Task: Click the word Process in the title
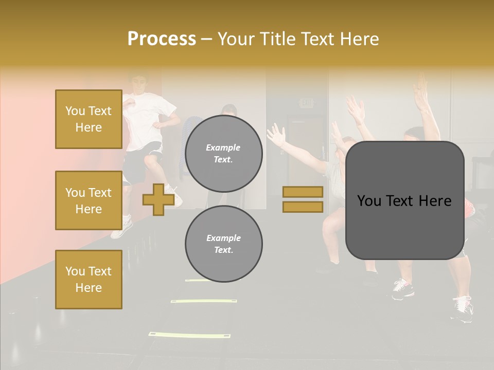[x=162, y=39]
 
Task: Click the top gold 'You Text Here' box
[x=89, y=119]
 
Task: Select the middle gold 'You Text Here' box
[x=89, y=200]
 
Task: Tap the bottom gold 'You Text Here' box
[x=89, y=279]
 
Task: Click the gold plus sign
[x=158, y=199]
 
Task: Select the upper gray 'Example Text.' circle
[x=223, y=154]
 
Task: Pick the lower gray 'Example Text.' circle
[x=223, y=244]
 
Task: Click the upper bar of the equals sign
[x=303, y=192]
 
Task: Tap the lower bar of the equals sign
[x=303, y=207]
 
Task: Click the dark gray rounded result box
[x=404, y=200]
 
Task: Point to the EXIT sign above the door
[x=307, y=103]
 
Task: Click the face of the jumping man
[x=138, y=83]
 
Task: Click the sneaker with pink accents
[x=402, y=289]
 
